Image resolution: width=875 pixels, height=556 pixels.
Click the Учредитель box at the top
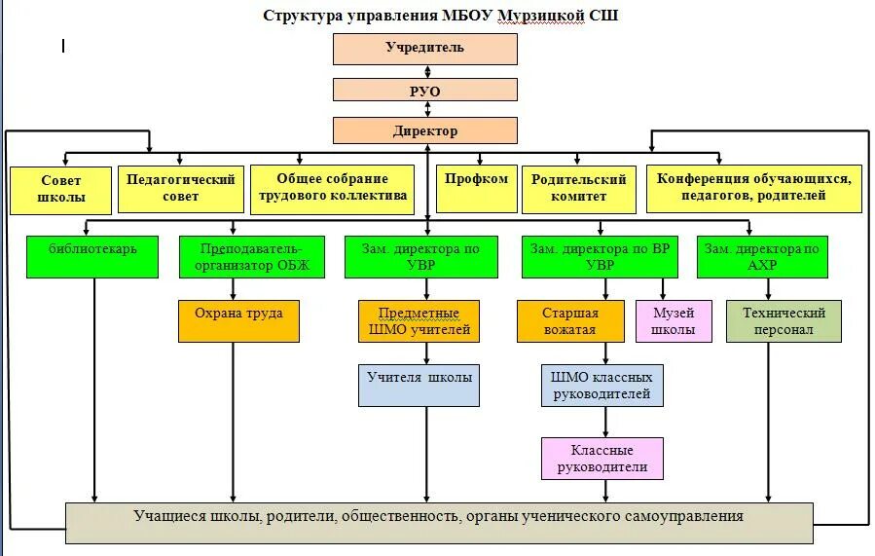pyautogui.click(x=424, y=48)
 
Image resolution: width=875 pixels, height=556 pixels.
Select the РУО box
pyautogui.click(x=424, y=91)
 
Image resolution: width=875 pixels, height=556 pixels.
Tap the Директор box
pyautogui.click(x=424, y=130)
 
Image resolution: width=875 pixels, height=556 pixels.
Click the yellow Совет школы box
pyautogui.click(x=60, y=189)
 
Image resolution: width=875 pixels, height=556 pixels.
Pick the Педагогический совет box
pyautogui.click(x=180, y=189)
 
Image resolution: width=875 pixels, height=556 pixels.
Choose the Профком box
pyautogui.click(x=476, y=189)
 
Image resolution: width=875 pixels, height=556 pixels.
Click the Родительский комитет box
pyautogui.click(x=578, y=189)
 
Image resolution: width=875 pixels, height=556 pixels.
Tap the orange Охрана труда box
pyautogui.click(x=238, y=320)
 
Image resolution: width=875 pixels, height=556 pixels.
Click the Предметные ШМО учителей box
pyautogui.click(x=419, y=321)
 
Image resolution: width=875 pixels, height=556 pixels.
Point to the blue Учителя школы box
pyautogui.click(x=419, y=385)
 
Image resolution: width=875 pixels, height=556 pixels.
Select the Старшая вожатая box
pyautogui.click(x=569, y=321)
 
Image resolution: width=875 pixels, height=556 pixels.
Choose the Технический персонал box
pyautogui.click(x=784, y=321)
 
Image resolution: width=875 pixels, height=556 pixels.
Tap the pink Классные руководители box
pyautogui.click(x=602, y=459)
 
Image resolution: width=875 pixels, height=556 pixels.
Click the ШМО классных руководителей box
pyautogui.click(x=602, y=386)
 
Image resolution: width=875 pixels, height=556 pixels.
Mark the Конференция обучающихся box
pyautogui.click(x=754, y=189)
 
